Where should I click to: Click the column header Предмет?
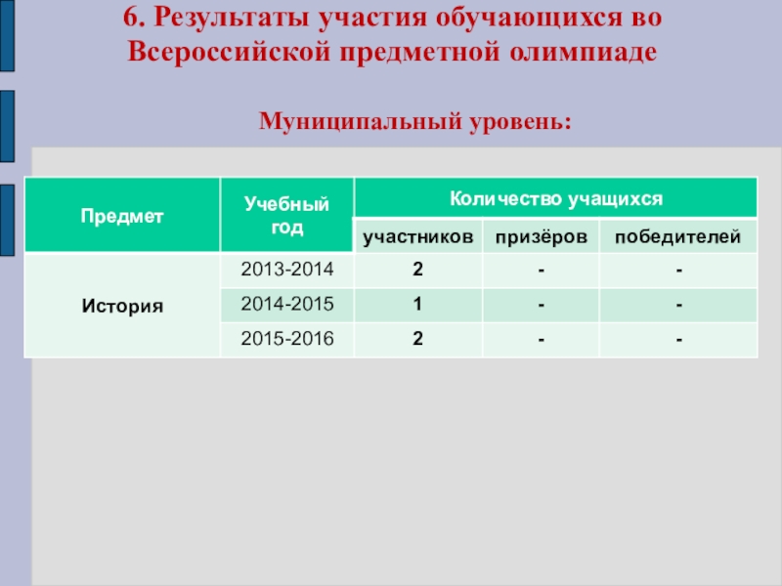pyautogui.click(x=122, y=216)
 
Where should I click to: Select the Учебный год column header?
pyautogui.click(x=286, y=215)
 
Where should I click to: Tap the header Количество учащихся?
pyautogui.click(x=556, y=199)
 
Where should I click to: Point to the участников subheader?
pyautogui.click(x=418, y=236)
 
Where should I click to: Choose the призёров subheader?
pyautogui.click(x=542, y=236)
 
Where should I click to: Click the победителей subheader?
pyautogui.click(x=677, y=236)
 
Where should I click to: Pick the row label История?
pyautogui.click(x=122, y=306)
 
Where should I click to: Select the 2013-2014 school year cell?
pyautogui.click(x=287, y=270)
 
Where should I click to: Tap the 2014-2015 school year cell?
pyautogui.click(x=287, y=304)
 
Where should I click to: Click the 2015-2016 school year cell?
pyautogui.click(x=287, y=339)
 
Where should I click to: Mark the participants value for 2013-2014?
pyautogui.click(x=418, y=270)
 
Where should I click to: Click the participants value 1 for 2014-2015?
pyautogui.click(x=417, y=304)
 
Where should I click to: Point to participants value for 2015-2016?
pyautogui.click(x=418, y=339)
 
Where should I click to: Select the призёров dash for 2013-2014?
pyautogui.click(x=542, y=271)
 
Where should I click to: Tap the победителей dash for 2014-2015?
pyautogui.click(x=678, y=305)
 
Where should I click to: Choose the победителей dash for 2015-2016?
pyautogui.click(x=678, y=340)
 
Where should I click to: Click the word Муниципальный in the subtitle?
pyautogui.click(x=361, y=121)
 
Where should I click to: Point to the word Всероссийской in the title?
pyautogui.click(x=229, y=52)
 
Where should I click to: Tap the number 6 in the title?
pyautogui.click(x=131, y=18)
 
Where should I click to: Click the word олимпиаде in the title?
pyautogui.click(x=583, y=52)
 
